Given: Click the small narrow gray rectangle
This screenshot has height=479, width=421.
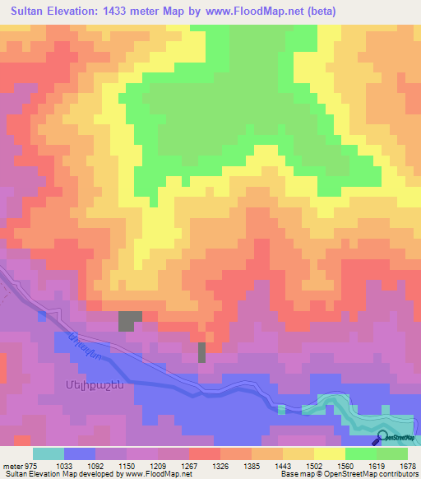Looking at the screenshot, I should [202, 351].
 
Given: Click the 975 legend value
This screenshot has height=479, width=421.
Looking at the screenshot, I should [26, 465].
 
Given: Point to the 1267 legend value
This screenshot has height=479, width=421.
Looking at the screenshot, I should [188, 465].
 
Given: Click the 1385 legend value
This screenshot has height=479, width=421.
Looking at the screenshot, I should [252, 465].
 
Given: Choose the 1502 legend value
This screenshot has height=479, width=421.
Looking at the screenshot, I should [314, 465].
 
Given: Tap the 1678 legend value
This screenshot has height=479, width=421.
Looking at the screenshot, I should [407, 465].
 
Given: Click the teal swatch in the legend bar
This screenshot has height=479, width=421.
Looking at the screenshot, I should [48, 453].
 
